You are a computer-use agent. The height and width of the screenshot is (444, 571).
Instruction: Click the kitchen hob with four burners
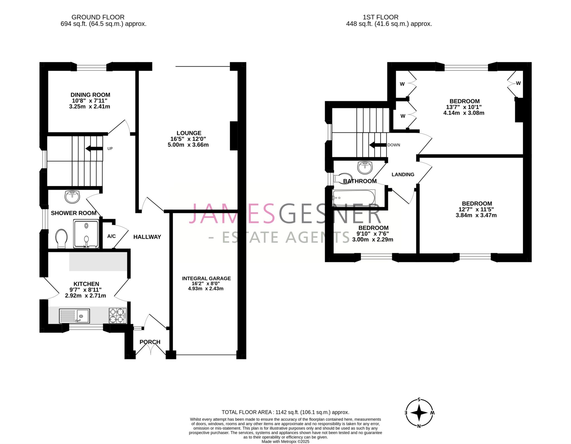tap(117, 316)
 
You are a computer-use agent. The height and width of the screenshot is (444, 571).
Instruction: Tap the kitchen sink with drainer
tap(74, 316)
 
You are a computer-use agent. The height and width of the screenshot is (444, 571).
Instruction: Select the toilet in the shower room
tap(61, 238)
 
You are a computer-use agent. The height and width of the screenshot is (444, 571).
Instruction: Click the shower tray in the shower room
tap(86, 234)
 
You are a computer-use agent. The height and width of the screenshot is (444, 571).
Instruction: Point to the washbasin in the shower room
tap(72, 197)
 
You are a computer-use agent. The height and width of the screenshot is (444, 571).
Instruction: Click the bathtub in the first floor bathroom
tap(354, 198)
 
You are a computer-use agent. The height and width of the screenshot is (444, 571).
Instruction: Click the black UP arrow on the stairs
tap(94, 148)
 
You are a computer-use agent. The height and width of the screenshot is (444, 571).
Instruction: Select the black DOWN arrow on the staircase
tap(378, 145)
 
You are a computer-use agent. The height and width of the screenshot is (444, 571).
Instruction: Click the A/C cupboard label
tap(112, 236)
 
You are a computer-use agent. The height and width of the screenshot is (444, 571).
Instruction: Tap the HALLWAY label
tap(147, 237)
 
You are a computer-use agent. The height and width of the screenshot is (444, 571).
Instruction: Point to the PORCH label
tap(150, 342)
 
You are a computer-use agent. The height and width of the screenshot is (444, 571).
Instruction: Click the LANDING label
tap(403, 175)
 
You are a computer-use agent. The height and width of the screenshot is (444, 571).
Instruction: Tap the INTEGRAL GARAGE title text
tap(206, 278)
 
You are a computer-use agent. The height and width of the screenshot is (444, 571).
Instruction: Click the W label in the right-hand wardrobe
tap(518, 83)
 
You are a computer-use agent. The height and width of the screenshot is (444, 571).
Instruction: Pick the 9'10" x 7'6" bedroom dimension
tap(373, 234)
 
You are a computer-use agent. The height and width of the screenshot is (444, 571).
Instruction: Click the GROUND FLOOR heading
tap(98, 17)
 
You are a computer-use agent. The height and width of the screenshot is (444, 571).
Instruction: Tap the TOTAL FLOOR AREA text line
tap(285, 412)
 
